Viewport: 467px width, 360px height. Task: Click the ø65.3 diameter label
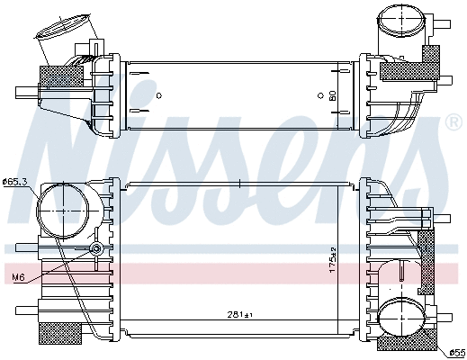[x=15, y=183]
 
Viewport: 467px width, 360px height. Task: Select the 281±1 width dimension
[x=239, y=315]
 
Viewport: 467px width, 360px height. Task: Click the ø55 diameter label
[x=456, y=353]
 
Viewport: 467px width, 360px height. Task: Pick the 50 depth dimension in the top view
[x=332, y=94]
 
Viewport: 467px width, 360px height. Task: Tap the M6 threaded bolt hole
[x=96, y=249]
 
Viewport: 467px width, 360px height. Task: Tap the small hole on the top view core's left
[x=158, y=94]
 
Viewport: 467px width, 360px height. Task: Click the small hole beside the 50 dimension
[x=320, y=94]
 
